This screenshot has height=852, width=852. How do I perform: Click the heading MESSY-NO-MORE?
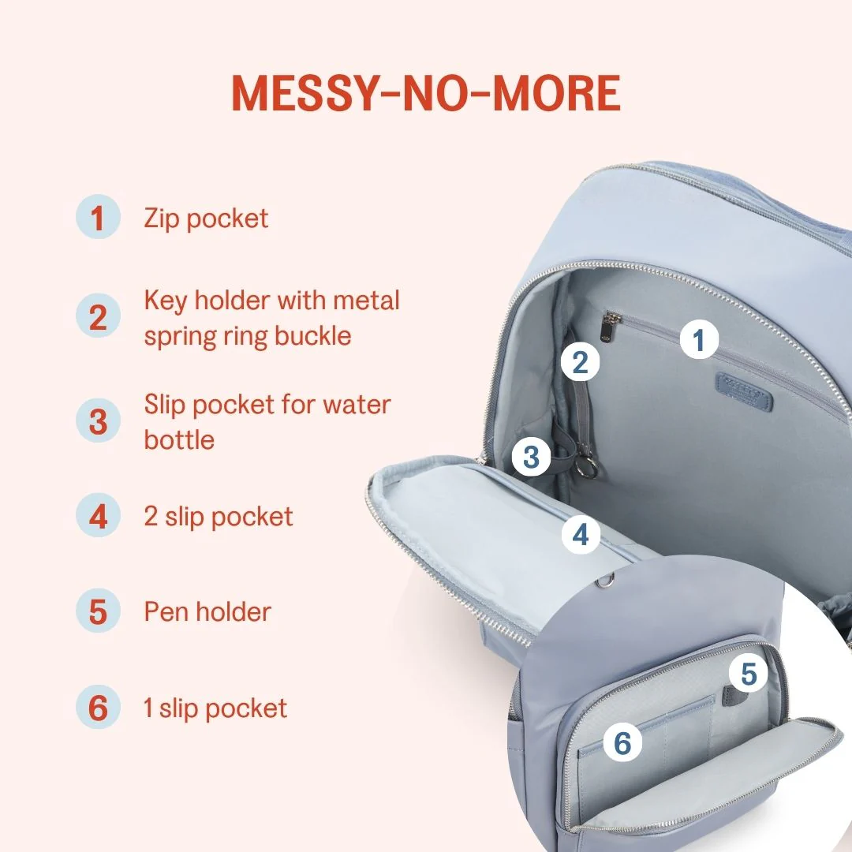(x=426, y=92)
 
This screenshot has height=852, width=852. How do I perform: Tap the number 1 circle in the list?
(x=98, y=217)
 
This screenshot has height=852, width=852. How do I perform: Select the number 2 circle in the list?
(x=98, y=316)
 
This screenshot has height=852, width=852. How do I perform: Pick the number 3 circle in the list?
(x=98, y=420)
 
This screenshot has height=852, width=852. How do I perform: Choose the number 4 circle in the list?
(x=98, y=515)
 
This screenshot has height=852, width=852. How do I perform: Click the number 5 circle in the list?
(x=98, y=611)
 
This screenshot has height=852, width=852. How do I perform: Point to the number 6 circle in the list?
(x=98, y=707)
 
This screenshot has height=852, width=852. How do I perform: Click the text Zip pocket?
(x=206, y=219)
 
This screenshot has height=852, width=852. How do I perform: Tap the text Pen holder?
(x=207, y=612)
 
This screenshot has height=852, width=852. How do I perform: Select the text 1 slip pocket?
(x=215, y=708)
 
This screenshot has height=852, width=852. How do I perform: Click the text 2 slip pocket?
(x=219, y=517)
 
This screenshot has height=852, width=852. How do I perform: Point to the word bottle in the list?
(x=179, y=439)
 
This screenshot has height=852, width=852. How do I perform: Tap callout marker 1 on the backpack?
(x=699, y=339)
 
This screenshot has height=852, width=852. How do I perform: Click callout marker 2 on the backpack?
(x=581, y=362)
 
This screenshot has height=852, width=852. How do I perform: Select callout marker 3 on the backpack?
(x=532, y=457)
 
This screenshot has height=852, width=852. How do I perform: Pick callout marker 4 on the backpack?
(x=581, y=534)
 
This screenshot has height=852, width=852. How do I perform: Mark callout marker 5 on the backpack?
(x=748, y=674)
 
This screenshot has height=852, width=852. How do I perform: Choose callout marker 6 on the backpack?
(x=622, y=742)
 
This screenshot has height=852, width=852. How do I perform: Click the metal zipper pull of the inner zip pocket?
(x=612, y=327)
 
